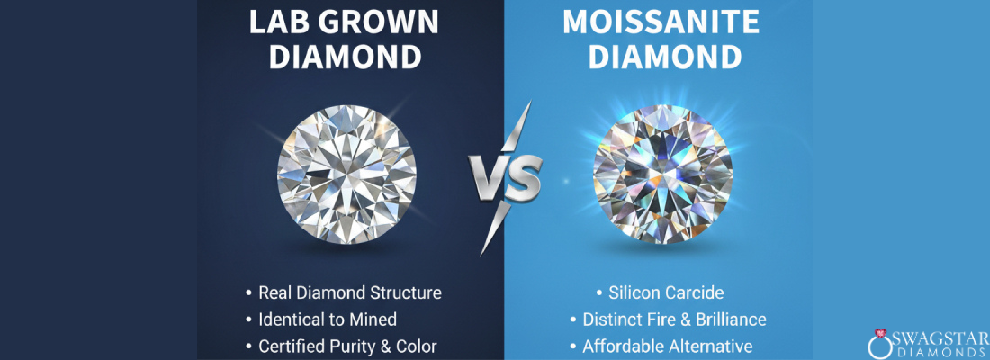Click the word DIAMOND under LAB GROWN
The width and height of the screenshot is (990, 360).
pos(346,58)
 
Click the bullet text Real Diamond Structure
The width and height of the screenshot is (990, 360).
pos(349,293)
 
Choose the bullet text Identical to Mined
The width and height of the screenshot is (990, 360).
pos(327,319)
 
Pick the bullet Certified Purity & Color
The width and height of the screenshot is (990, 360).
pos(347,346)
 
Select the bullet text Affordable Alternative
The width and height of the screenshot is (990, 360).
pos(667,346)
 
